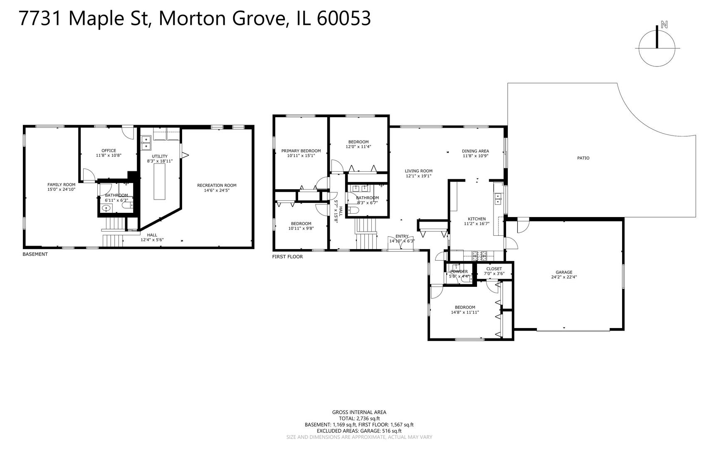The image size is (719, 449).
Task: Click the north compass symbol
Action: [657, 48]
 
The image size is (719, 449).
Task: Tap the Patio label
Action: [583, 158]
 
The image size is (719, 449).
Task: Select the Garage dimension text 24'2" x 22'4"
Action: [564, 277]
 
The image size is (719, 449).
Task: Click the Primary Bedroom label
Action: [301, 151]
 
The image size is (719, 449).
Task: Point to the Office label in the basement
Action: [109, 150]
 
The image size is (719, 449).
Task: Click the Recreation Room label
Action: [217, 185]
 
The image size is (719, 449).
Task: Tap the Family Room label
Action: [61, 185]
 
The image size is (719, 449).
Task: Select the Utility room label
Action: [159, 156]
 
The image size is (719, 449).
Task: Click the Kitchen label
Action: [477, 219]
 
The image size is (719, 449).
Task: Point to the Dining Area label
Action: [475, 151]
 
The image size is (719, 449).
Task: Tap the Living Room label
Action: [418, 171]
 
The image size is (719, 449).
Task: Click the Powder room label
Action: [459, 271]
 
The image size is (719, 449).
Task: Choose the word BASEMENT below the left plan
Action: [35, 254]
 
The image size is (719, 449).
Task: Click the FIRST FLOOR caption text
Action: [287, 257]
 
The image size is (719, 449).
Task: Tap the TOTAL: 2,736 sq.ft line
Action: [359, 419]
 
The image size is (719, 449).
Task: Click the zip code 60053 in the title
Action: [343, 19]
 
